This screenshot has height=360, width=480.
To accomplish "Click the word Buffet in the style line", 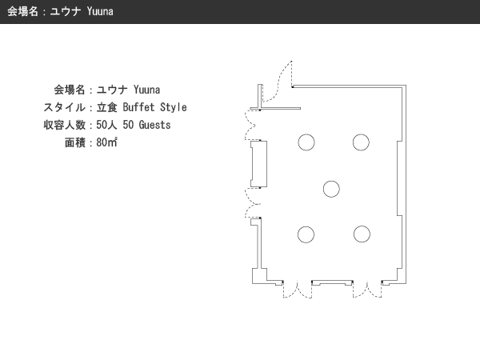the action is point(138,107).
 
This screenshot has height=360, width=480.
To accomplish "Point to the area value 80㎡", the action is point(107,142).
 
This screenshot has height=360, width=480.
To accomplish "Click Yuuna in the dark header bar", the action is point(100,11).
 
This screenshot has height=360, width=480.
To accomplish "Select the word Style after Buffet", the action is point(174,107).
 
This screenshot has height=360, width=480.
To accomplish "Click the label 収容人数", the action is point(64,125).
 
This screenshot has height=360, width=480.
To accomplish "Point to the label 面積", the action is point(75,142).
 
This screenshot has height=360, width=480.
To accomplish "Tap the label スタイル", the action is point(64,107).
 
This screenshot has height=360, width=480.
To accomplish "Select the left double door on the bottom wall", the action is point(298,290).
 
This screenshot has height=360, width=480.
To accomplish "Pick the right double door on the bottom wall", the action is point(367,290).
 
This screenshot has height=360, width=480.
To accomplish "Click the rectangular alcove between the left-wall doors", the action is point(258,164).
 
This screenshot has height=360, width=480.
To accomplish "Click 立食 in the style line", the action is point(107,107).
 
